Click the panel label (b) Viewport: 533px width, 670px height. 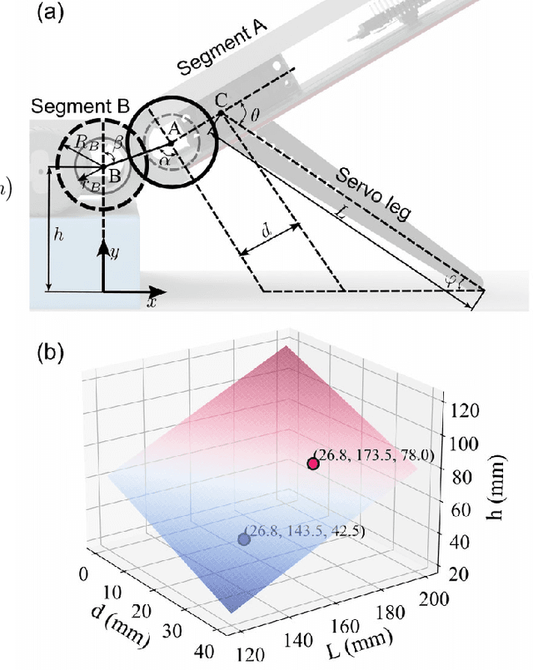(x=54, y=353)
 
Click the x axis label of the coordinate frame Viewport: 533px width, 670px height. (x=152, y=302)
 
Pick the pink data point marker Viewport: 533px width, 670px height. (x=314, y=464)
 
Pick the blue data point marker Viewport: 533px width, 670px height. (x=244, y=538)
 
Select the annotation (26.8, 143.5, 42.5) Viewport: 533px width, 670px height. (x=306, y=531)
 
